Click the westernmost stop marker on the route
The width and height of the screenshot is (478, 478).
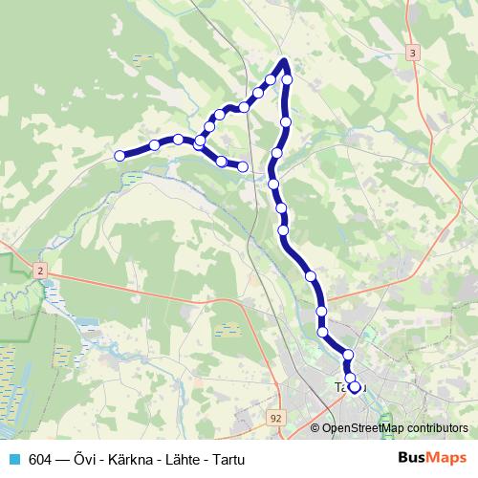pos(119,156)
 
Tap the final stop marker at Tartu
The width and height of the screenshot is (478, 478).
pos(355,387)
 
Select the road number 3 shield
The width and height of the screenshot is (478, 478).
pos(412,53)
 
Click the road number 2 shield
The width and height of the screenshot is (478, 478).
pos(40,272)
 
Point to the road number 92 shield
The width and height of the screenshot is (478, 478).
pos(275,418)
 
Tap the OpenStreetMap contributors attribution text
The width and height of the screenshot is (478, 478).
pos(395,428)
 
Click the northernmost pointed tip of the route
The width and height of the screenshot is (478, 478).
pos(284,61)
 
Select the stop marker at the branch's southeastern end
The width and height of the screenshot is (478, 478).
pos(243,167)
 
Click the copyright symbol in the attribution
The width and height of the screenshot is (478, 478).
pos(315,428)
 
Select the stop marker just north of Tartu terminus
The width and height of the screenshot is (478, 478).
pos(348,356)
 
